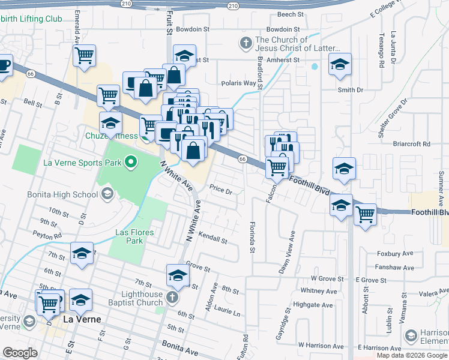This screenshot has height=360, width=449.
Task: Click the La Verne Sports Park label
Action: pyautogui.click(x=82, y=162)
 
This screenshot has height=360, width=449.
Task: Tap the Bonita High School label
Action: pyautogui.click(x=62, y=194)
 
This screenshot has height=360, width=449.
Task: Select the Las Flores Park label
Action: pyautogui.click(x=131, y=236)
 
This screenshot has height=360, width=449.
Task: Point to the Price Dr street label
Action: pyautogui.click(x=220, y=190)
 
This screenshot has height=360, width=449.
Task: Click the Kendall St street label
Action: pyautogui.click(x=212, y=240)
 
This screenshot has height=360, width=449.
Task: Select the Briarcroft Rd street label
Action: pyautogui.click(x=410, y=144)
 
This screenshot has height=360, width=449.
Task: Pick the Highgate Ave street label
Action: pyautogui.click(x=316, y=305)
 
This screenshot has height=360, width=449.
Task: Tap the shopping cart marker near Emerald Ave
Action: pyautogui.click(x=85, y=56)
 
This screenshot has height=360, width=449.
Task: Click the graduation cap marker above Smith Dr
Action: pyautogui.click(x=340, y=64)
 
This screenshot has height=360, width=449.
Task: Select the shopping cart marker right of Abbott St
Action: pyautogui.click(x=365, y=214)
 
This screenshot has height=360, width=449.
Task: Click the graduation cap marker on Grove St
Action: pyautogui.click(x=178, y=275)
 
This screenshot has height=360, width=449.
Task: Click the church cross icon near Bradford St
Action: pyautogui.click(x=245, y=43)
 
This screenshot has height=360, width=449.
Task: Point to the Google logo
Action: pyautogui.click(x=20, y=353)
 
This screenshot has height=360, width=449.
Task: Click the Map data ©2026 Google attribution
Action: pyautogui.click(x=412, y=355)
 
